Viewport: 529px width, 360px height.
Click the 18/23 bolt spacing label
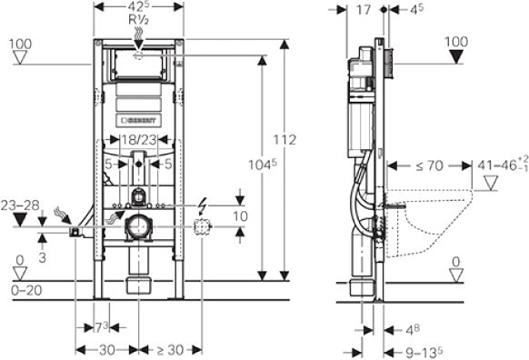(x=138, y=140)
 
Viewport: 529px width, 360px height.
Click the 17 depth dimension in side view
(x=364, y=11)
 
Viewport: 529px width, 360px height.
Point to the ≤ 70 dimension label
(x=430, y=165)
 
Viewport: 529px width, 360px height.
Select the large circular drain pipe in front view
(x=138, y=227)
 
